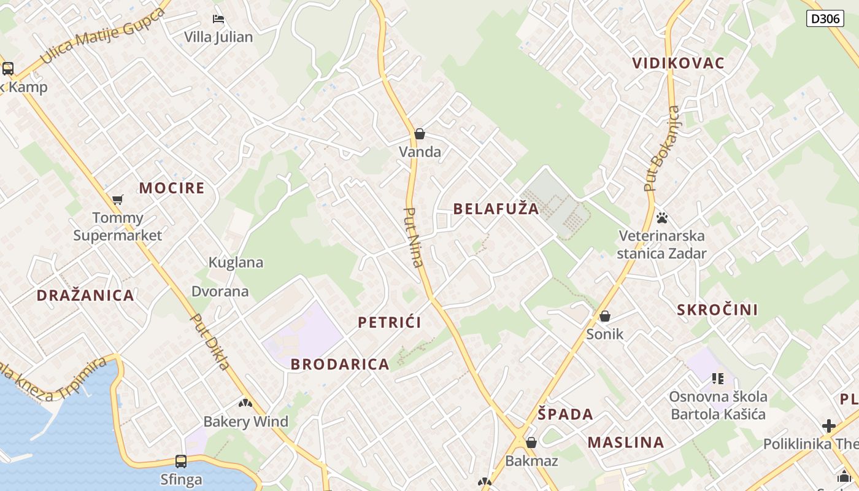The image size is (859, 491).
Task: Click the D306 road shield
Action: (x=824, y=18)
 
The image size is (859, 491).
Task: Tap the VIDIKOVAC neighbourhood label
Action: (x=678, y=63)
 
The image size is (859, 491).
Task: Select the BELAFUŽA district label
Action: (x=496, y=209)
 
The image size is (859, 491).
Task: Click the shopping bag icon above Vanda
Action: (x=420, y=134)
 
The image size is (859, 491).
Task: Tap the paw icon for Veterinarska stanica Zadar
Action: (x=661, y=218)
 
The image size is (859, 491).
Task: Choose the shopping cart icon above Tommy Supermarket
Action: (x=118, y=199)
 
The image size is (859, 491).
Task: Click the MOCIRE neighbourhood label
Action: (x=172, y=188)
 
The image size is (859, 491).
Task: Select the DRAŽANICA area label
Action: (x=85, y=295)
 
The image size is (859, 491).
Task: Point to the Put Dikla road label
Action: (x=210, y=342)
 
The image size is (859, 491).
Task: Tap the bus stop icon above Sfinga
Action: (x=181, y=461)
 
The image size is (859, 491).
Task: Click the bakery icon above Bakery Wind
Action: (x=245, y=403)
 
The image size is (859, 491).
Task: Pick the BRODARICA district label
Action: (x=340, y=364)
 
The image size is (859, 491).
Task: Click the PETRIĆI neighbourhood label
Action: (x=390, y=322)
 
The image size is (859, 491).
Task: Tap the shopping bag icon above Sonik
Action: (x=605, y=316)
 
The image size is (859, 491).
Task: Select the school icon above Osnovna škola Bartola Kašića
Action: (x=717, y=379)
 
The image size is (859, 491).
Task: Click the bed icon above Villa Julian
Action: (x=218, y=19)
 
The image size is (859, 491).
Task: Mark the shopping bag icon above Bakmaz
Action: (x=531, y=443)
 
